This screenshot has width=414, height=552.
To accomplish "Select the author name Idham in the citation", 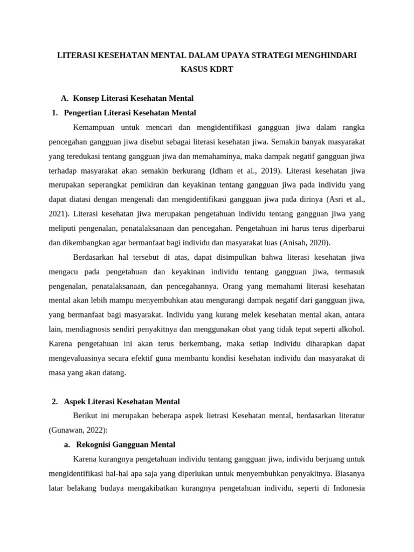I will pos(220,171).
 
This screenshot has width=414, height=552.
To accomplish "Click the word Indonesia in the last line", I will pos(346,488).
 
